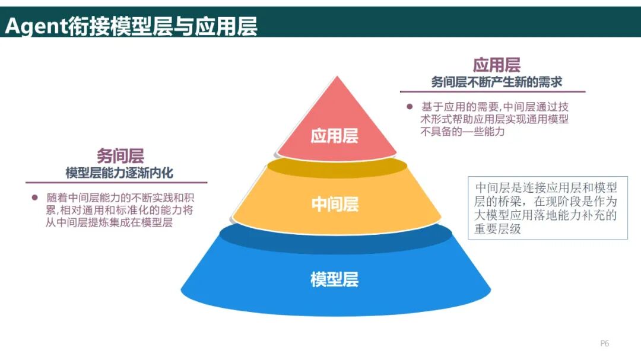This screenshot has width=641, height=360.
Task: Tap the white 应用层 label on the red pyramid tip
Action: pos(335,136)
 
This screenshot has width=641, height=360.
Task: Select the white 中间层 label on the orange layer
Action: pos(335,205)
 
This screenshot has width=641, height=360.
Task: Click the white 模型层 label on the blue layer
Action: pos(335,279)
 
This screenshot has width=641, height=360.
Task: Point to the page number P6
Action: pos(605,343)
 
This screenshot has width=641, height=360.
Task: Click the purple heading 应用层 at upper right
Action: pos(496,65)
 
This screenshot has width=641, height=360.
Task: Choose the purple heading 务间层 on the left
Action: pos(120,156)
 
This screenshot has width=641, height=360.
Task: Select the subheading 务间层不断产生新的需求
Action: pos(496,82)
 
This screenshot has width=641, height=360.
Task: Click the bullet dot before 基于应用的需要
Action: pos(409,107)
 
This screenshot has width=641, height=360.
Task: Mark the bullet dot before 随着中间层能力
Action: pos(34,197)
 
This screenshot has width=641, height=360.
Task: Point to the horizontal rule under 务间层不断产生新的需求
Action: pos(493,92)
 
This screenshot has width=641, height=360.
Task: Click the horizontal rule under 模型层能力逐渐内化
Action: pos(116,183)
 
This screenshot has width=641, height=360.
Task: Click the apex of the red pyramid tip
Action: pos(338,78)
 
